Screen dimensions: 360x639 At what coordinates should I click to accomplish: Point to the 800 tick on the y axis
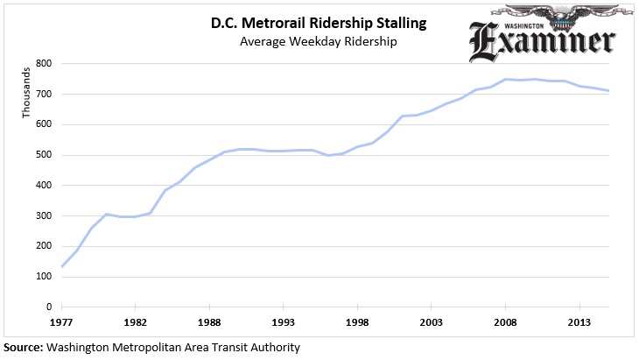pos(43,64)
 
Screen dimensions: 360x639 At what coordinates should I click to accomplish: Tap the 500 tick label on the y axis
pos(43,155)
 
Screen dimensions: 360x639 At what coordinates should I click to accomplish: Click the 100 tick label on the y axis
pos(43,277)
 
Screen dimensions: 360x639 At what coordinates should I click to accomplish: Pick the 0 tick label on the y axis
pos(49,307)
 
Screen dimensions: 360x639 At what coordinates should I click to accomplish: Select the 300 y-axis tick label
pos(43,215)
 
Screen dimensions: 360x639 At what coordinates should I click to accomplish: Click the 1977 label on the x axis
pos(61,321)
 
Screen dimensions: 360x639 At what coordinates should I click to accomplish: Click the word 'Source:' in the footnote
pos(22,348)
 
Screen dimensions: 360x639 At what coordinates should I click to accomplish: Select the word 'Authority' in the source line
pos(273,348)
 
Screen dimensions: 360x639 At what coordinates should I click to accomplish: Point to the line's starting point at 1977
pos(62,266)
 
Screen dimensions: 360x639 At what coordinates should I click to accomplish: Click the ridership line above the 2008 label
pos(505,80)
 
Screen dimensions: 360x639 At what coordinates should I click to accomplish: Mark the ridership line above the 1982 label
pos(136,216)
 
